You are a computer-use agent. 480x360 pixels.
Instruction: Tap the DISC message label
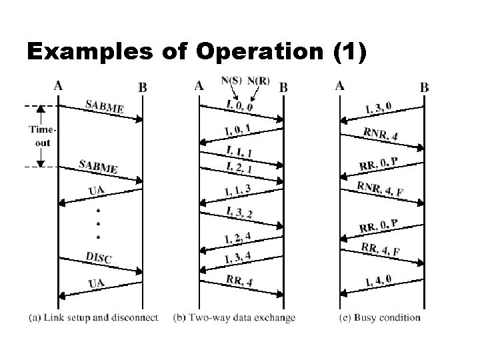tap(99, 257)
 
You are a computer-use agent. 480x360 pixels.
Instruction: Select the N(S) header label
tap(231, 81)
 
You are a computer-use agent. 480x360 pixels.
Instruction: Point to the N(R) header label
tap(259, 81)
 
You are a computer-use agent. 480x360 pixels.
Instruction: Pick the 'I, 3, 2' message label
tap(239, 212)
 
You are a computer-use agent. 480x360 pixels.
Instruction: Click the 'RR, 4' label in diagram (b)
tap(239, 281)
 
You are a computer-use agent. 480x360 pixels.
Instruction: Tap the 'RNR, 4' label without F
tap(381, 133)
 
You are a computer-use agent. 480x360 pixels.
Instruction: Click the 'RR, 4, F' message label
tap(381, 251)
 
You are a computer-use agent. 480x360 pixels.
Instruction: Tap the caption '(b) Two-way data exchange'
tap(234, 317)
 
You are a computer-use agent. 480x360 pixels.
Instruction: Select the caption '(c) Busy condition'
tap(379, 317)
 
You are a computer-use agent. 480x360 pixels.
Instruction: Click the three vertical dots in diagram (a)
tap(99, 222)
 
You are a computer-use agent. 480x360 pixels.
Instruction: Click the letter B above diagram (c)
tap(425, 87)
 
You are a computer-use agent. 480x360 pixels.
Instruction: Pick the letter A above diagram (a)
tap(59, 85)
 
